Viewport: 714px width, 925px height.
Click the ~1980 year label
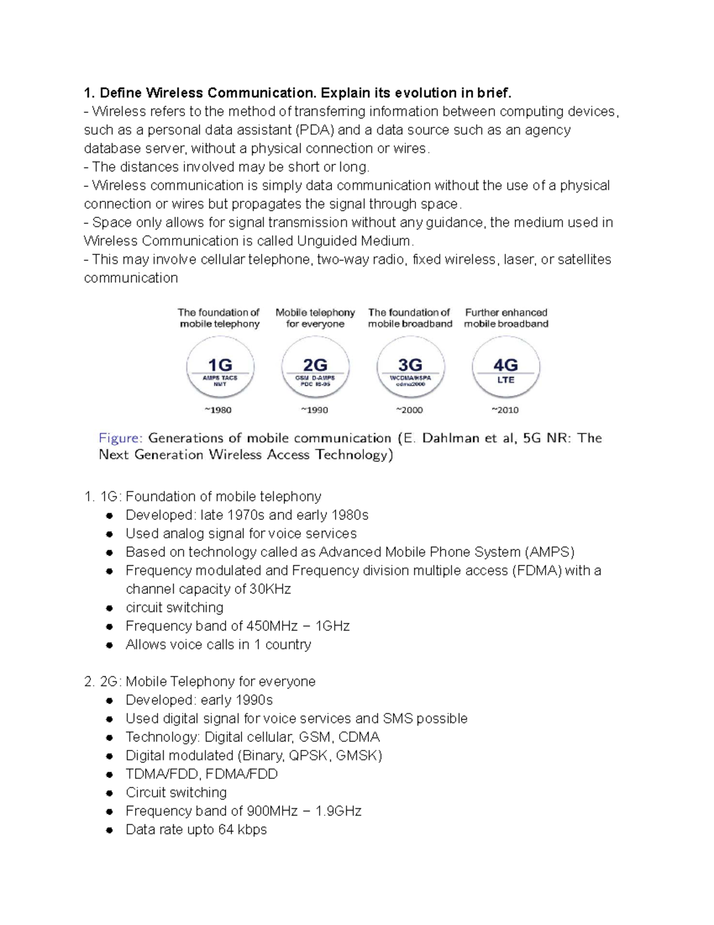point(218,410)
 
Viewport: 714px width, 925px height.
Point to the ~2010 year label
point(505,410)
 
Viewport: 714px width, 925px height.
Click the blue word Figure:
point(120,438)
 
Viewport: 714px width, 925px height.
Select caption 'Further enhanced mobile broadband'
point(506,318)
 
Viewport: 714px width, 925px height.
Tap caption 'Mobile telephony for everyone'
point(315,318)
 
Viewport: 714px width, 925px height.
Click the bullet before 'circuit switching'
point(109,608)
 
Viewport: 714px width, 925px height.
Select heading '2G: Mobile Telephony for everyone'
point(200,681)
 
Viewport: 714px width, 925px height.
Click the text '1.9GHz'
point(339,811)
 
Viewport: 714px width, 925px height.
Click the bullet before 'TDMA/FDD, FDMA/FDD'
point(109,775)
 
